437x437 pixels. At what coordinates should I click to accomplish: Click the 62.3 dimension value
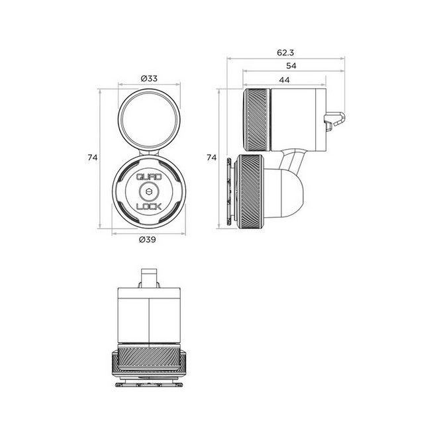coord(285,52)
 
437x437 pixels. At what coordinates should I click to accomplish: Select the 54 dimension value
coord(291,66)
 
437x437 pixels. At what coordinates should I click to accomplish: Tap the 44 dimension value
coord(284,80)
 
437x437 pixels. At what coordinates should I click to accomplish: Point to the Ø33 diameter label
coord(149,78)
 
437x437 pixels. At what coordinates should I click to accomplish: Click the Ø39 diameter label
coord(148,240)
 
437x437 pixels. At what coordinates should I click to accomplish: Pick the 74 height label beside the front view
coord(93,158)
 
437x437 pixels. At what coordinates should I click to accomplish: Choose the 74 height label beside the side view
coord(211,158)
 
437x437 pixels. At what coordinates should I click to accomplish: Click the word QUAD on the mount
coord(148,177)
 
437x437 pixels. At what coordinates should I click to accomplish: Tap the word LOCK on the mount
coord(149,207)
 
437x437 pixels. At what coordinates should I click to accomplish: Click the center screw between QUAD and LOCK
coord(149,192)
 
